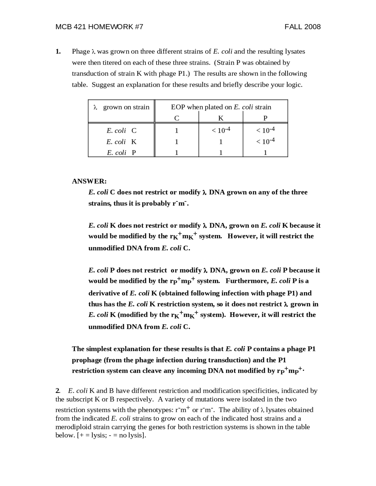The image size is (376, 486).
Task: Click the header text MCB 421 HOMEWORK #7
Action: pos(99,27)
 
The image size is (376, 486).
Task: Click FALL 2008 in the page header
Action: pos(302,27)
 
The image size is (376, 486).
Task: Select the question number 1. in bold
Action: pos(58,52)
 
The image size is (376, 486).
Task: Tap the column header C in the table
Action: pos(177,118)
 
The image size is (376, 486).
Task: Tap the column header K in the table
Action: pos(221,118)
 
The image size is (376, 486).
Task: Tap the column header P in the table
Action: pos(265,118)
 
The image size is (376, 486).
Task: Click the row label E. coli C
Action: pos(121,131)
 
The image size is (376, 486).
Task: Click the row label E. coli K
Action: pos(121,142)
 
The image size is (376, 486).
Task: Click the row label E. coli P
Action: pos(121,153)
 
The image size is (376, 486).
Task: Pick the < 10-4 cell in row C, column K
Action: pos(221,130)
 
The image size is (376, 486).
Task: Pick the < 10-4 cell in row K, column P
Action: pos(265,141)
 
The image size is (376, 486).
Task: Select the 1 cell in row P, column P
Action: pos(265,153)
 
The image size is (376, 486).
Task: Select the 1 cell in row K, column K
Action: pos(221,142)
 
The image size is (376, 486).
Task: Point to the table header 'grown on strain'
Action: pos(126,107)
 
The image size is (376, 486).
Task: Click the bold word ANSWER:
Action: pos(89,181)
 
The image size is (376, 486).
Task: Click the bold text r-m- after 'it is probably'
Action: pos(180,203)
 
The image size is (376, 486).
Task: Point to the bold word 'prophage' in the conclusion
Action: pos(87,360)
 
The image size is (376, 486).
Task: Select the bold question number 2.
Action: pos(58,391)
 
